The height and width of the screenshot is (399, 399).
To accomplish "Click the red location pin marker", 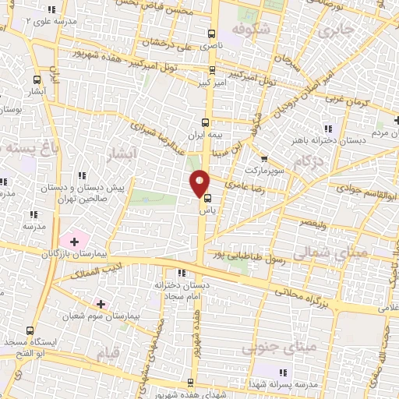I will coord(200,183).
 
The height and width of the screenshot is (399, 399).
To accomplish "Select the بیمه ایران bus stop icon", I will coord(205,122).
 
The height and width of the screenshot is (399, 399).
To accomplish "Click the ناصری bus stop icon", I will coord(212,34).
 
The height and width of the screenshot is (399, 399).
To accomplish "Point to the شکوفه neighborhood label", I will coord(248,30).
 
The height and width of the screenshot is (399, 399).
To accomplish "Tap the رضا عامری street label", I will coord(244,186).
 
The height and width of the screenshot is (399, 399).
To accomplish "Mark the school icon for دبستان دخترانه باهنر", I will coord(328,129).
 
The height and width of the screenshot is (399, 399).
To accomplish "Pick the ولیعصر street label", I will coord(309,222).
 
